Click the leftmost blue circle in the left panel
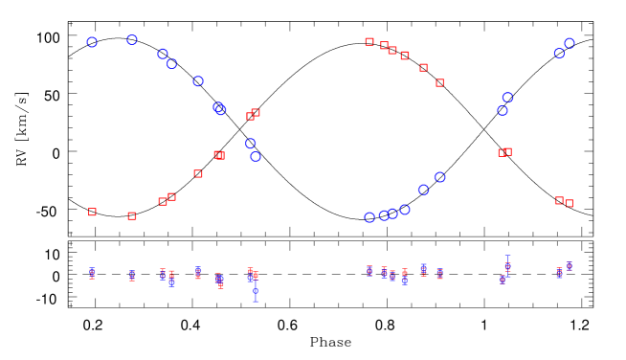click(x=92, y=42)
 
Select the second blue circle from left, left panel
click(x=132, y=40)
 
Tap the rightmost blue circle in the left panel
click(x=256, y=156)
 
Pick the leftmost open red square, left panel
click(x=92, y=212)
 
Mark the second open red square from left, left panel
click(x=132, y=215)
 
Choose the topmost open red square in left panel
click(x=256, y=112)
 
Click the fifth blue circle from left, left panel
click(x=198, y=81)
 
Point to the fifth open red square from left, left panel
click(x=198, y=173)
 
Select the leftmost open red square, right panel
click(x=369, y=41)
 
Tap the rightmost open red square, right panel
click(x=569, y=203)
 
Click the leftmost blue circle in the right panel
click(x=369, y=217)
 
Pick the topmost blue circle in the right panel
click(x=570, y=43)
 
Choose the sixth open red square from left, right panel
click(x=439, y=82)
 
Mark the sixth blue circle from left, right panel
click(x=439, y=177)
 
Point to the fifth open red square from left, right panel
click(x=423, y=67)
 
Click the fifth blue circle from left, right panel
click(x=423, y=190)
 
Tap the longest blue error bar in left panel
click(x=256, y=290)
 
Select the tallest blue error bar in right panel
click(x=507, y=265)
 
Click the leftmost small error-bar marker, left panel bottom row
click(x=92, y=273)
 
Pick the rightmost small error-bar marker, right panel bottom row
click(x=569, y=266)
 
